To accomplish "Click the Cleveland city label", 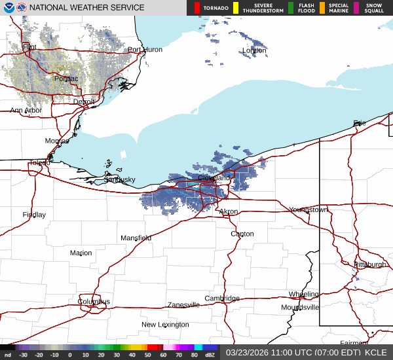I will [214, 178].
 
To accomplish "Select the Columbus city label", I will [94, 302].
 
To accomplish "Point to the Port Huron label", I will [144, 50].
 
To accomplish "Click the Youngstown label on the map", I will [309, 210].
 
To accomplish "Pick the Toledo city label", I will [39, 163].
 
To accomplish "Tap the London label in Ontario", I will [254, 51].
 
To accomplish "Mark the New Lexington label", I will [165, 325].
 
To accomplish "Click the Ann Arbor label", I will [26, 111].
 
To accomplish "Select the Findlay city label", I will [34, 215].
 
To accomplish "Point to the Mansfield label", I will [136, 238].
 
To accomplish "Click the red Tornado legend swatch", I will [197, 8].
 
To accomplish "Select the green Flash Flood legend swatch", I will [290, 8].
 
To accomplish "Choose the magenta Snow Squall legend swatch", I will [357, 8].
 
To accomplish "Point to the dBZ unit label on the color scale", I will [210, 355].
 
